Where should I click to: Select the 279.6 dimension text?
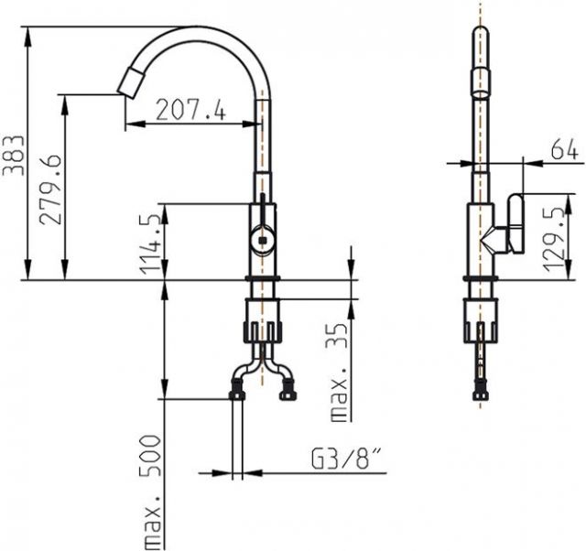[50, 189]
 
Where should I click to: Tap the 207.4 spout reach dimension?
[191, 110]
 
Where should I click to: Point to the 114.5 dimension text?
[150, 244]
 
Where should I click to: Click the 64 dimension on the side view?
[564, 148]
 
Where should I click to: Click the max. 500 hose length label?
[150, 492]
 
